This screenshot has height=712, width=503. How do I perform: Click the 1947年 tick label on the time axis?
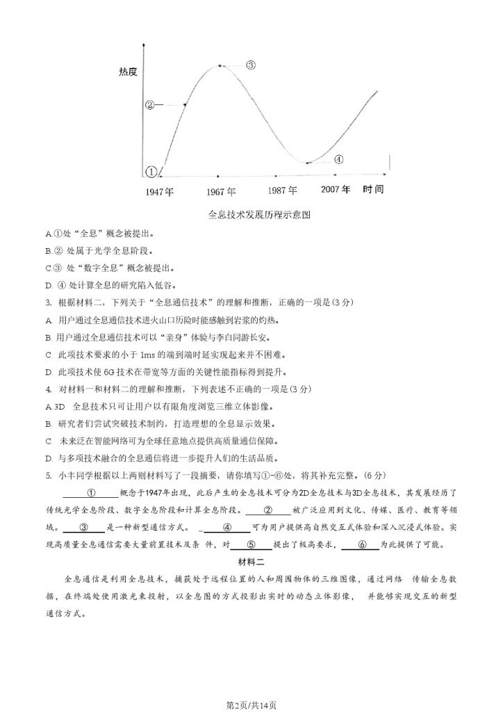pos(160,191)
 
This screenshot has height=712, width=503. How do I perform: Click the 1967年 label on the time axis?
pos(221,191)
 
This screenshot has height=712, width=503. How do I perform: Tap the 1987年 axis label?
pos(283,190)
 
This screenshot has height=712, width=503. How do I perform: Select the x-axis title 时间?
pos(373,189)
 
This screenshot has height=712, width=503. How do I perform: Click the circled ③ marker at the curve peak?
pos(251,65)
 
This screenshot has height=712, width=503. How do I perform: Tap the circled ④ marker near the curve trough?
pos(338,159)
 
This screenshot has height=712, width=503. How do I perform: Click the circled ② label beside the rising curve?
pos(150,105)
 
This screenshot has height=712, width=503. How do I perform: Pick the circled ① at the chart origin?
pos(151,171)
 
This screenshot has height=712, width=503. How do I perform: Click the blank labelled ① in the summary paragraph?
pos(91,493)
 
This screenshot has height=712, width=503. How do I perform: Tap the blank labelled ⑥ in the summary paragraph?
pos(360,544)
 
